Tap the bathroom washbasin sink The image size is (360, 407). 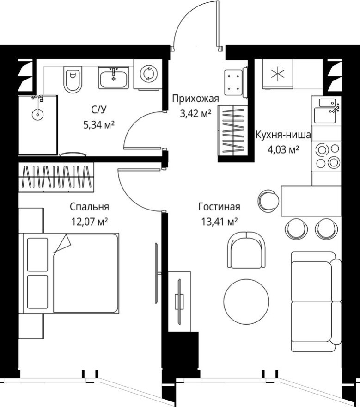point(114,77)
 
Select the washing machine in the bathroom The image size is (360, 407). point(148,74)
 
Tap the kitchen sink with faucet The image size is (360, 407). point(326,110)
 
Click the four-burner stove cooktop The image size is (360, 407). point(326,155)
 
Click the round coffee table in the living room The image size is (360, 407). point(246,300)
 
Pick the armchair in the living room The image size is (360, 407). point(246,250)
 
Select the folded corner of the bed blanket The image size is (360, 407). point(63,243)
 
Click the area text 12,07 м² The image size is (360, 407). point(89,222)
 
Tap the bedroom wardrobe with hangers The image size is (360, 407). point(56,177)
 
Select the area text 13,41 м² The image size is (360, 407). point(218,222)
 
